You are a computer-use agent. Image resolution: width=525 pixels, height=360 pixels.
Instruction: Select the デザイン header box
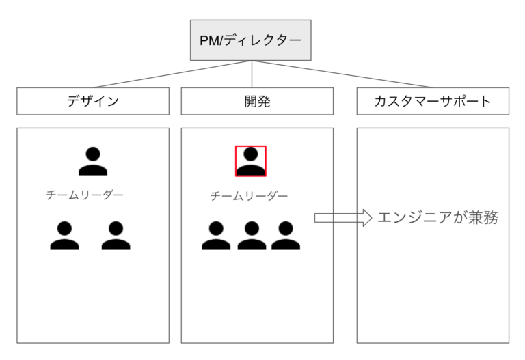click(x=92, y=101)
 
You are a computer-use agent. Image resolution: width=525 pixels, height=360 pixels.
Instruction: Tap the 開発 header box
click(x=257, y=101)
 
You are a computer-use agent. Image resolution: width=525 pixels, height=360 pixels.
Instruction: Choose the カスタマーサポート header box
click(x=433, y=101)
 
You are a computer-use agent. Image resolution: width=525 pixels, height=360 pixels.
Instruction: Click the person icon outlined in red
click(x=251, y=161)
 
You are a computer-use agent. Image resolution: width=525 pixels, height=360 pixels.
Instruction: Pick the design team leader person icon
click(x=93, y=161)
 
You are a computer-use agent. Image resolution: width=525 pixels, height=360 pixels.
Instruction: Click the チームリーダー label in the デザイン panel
click(x=85, y=195)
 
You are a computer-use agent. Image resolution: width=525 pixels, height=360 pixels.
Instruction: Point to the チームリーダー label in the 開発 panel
click(x=249, y=196)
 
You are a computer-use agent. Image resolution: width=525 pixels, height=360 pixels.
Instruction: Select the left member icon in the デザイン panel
click(x=65, y=236)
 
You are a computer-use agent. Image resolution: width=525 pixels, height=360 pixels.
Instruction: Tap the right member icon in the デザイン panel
click(x=116, y=236)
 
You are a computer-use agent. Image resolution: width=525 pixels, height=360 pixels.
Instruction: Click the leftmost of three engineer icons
click(x=216, y=236)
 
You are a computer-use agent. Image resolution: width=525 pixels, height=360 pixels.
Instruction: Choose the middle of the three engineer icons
click(x=251, y=236)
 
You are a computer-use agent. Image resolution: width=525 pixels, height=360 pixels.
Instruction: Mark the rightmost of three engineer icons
click(x=285, y=236)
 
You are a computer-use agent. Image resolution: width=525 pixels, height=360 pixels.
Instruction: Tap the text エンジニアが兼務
click(x=437, y=218)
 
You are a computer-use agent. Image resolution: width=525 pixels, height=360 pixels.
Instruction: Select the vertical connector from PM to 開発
click(x=252, y=74)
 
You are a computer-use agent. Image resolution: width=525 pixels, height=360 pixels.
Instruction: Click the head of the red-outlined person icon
click(x=251, y=154)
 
